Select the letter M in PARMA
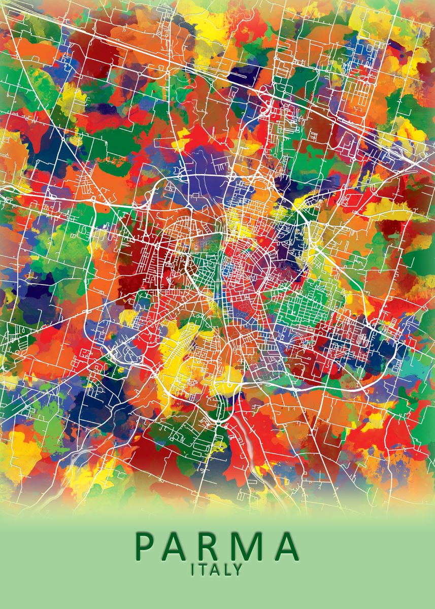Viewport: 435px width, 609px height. (247, 546)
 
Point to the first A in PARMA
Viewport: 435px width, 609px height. (178, 546)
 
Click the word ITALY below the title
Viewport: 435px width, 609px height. (217, 569)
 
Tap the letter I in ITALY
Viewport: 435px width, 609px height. (193, 569)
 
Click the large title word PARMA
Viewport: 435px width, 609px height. (217, 546)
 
